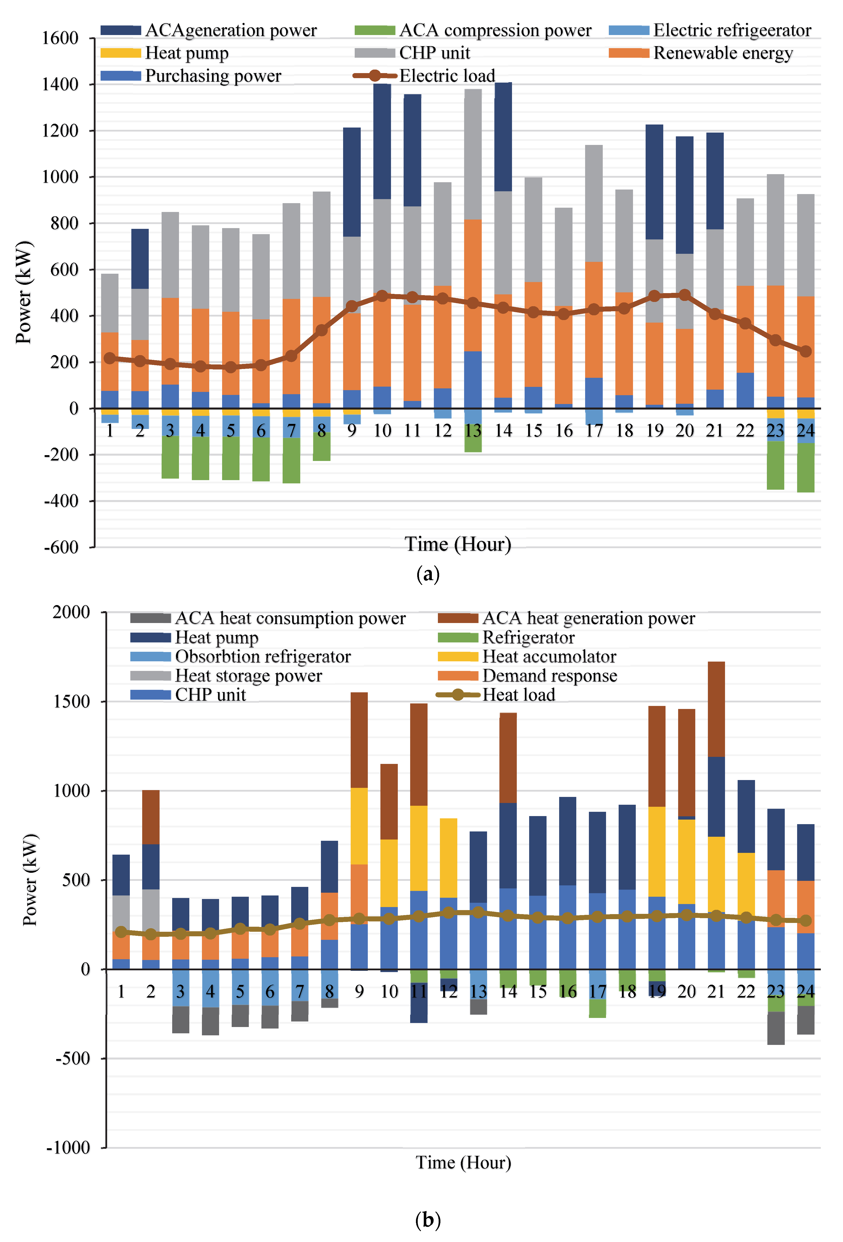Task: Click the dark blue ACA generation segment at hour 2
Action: tap(140, 259)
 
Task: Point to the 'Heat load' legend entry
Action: tap(519, 695)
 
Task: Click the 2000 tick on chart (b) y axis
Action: tap(71, 612)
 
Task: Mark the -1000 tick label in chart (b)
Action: tap(68, 1147)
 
